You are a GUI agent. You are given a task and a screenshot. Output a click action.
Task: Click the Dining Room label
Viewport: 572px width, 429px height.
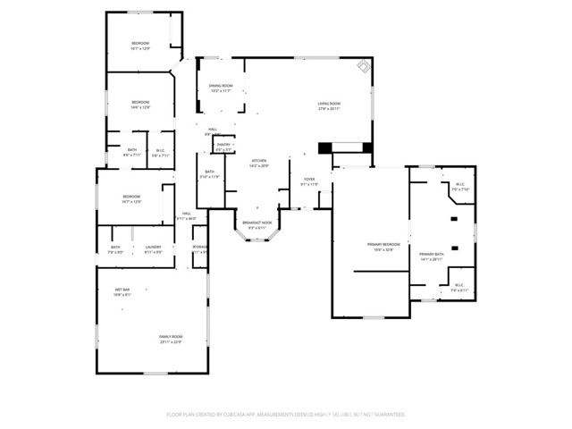pyautogui.click(x=221, y=88)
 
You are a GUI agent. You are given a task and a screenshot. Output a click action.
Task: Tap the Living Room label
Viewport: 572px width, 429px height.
pyautogui.click(x=329, y=106)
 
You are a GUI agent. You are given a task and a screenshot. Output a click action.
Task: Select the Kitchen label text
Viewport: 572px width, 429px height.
pyautogui.click(x=258, y=163)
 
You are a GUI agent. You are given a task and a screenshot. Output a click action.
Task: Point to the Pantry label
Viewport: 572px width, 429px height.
pyautogui.click(x=224, y=147)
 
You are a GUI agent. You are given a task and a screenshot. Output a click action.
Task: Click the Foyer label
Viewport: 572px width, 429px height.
pyautogui.click(x=309, y=181)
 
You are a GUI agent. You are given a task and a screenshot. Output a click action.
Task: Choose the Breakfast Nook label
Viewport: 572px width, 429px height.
pyautogui.click(x=258, y=225)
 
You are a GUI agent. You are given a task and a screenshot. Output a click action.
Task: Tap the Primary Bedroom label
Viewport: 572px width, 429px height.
pyautogui.click(x=383, y=247)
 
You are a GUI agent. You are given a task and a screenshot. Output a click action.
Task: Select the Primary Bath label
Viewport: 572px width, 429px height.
pyautogui.click(x=432, y=257)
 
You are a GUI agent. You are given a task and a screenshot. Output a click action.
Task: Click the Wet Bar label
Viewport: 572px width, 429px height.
pyautogui.click(x=122, y=292)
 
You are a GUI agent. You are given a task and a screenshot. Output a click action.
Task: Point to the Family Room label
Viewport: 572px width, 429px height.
pyautogui.click(x=171, y=339)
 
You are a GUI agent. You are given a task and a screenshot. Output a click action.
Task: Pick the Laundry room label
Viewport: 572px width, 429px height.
pyautogui.click(x=153, y=249)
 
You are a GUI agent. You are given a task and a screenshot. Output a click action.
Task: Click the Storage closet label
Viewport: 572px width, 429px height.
pyautogui.click(x=201, y=249)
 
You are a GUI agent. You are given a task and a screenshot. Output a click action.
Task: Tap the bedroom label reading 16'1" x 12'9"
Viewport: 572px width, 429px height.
pyautogui.click(x=140, y=46)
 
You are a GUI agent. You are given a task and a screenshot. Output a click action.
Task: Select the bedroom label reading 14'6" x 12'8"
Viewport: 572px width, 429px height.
pyautogui.click(x=140, y=105)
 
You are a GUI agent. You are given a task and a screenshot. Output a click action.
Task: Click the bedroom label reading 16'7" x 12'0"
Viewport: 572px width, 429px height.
pyautogui.click(x=131, y=198)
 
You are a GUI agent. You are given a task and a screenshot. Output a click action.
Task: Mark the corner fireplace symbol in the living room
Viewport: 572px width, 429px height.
pyautogui.click(x=363, y=67)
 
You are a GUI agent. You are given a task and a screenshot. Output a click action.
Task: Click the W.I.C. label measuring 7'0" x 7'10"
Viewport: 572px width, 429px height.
pyautogui.click(x=460, y=188)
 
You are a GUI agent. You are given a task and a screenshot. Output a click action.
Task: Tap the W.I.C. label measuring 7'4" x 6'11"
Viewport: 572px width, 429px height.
pyautogui.click(x=458, y=288)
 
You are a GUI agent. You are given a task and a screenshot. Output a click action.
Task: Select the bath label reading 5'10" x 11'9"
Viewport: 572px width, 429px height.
pyautogui.click(x=209, y=174)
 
